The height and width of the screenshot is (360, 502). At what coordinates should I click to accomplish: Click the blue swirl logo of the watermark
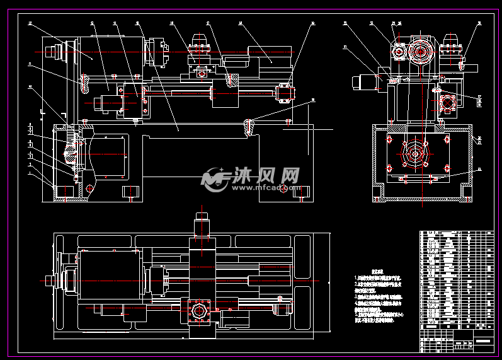[214, 178]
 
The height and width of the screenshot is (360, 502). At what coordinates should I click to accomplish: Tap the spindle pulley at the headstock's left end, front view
[63, 52]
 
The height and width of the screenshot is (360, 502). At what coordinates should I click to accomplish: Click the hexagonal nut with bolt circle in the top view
[202, 311]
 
